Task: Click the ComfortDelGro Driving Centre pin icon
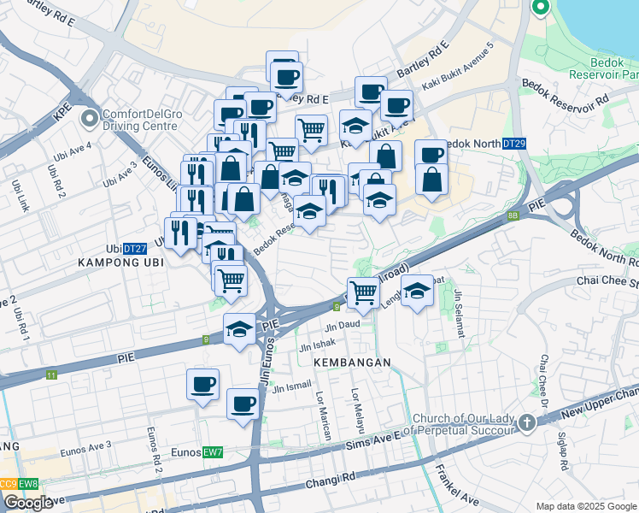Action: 88,119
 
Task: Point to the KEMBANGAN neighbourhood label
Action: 351,363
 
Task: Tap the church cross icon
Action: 528,422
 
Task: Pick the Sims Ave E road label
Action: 372,441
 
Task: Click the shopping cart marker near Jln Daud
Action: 364,292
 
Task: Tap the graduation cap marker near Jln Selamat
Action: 417,291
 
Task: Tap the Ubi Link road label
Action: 18,196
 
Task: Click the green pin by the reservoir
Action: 541,9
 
